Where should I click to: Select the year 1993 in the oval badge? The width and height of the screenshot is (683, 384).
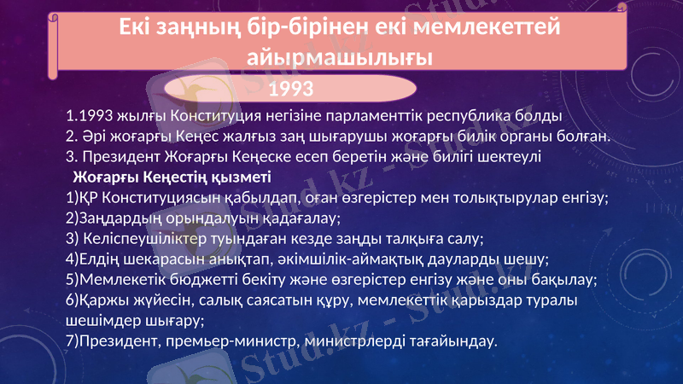[291, 88]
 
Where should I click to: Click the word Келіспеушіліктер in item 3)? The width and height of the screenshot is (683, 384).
[138, 239]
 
